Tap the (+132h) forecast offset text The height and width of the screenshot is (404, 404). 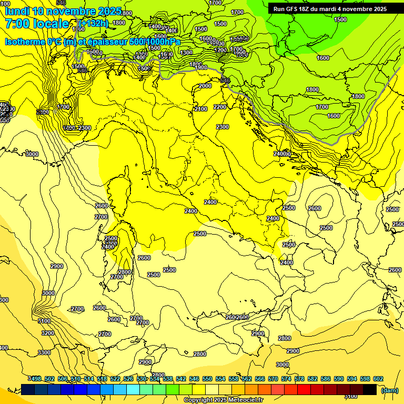click(x=93, y=23)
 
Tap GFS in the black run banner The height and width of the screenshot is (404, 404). click(x=292, y=8)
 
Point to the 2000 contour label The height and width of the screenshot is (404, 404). click(x=205, y=86)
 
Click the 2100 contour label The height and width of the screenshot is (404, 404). click(x=200, y=109)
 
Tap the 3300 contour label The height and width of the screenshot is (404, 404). click(x=44, y=352)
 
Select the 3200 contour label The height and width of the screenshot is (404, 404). click(x=47, y=333)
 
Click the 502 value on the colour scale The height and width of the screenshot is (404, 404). click(x=49, y=379)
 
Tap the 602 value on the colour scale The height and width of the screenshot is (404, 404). click(x=378, y=379)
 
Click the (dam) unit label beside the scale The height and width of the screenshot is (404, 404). click(x=389, y=390)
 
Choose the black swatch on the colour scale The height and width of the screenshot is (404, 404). click(x=370, y=389)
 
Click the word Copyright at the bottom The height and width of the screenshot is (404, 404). click(x=198, y=400)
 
